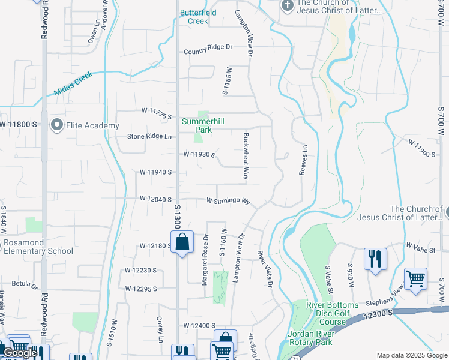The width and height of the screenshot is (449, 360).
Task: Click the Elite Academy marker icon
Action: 57,125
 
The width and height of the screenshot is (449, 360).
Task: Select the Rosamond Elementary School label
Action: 39,247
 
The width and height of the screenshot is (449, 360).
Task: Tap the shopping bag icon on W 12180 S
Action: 182,243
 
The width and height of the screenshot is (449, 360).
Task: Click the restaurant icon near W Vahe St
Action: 375,259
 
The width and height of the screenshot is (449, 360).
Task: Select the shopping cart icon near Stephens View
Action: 415,278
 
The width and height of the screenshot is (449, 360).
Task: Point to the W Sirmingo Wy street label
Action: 228,202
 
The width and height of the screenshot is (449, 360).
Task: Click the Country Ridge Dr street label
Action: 208,52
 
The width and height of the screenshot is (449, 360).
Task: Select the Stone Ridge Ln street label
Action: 149,137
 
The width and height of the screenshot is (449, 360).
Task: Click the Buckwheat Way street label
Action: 246,156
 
